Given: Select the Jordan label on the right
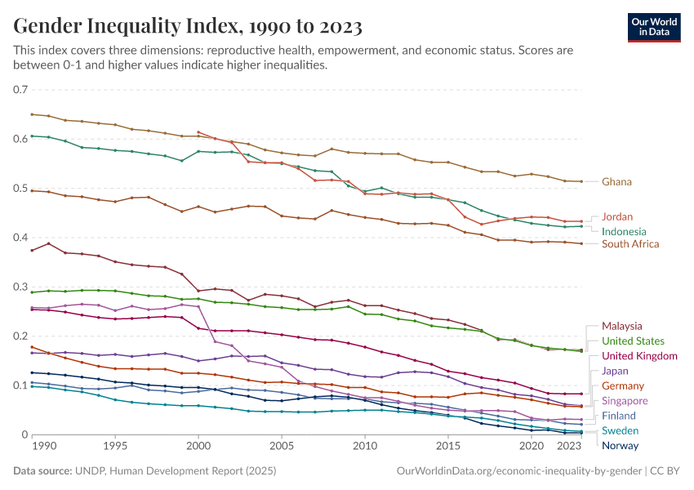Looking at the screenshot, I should pos(617,217).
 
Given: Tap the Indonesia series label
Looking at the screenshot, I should pos(625,231).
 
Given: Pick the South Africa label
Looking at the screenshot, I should pos(630,243).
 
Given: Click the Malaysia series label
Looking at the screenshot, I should pos(621,326).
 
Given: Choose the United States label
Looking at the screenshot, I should pos(633,341).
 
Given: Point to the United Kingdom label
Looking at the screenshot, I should pos(639,356).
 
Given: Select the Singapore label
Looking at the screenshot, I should pos(625,401).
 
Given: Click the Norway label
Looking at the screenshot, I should pos(620,446).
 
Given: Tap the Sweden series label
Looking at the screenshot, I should pos(620,430).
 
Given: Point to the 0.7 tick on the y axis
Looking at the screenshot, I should pos(20,90).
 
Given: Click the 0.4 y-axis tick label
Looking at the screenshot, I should pos(20,238).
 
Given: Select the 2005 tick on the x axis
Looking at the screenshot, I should pos(282,448).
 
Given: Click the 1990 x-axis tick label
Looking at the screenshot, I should pos(43,448).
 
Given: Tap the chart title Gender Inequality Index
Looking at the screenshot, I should pos(188,27).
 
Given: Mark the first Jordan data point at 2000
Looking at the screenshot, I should pos(198,132).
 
